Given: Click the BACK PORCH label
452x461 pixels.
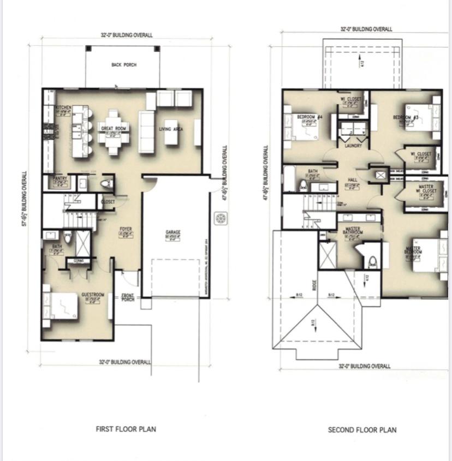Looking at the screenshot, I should [124, 65].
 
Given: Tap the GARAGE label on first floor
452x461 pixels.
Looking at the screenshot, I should [173, 232].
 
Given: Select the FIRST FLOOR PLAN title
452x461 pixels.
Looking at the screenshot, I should [126, 429].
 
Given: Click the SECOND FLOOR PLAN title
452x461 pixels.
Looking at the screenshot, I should [362, 430].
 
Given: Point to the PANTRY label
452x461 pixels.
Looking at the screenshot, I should [59, 178].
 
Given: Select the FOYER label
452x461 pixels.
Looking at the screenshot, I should [126, 229].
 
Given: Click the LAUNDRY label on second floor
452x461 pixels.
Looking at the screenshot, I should [354, 146].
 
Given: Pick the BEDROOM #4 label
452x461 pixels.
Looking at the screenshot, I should [310, 117].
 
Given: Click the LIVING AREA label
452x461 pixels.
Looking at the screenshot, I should [170, 129].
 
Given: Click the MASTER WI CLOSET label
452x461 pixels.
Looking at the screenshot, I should [425, 189].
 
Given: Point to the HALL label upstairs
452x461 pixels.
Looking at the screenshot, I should [352, 181].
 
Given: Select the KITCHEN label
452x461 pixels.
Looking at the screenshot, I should [63, 108].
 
